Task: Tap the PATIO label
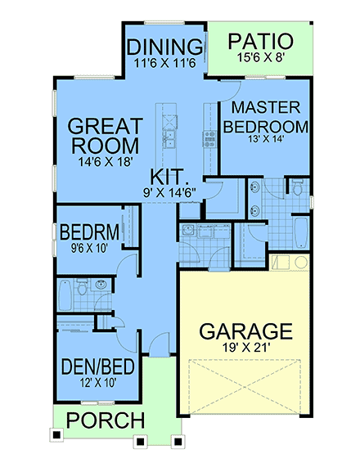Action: pyautogui.click(x=259, y=41)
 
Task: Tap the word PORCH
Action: pyautogui.click(x=106, y=421)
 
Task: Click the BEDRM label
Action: pyautogui.click(x=89, y=231)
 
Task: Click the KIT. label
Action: pyautogui.click(x=171, y=176)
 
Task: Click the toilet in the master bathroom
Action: pyautogui.click(x=299, y=189)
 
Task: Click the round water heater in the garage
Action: pyautogui.click(x=300, y=263)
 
